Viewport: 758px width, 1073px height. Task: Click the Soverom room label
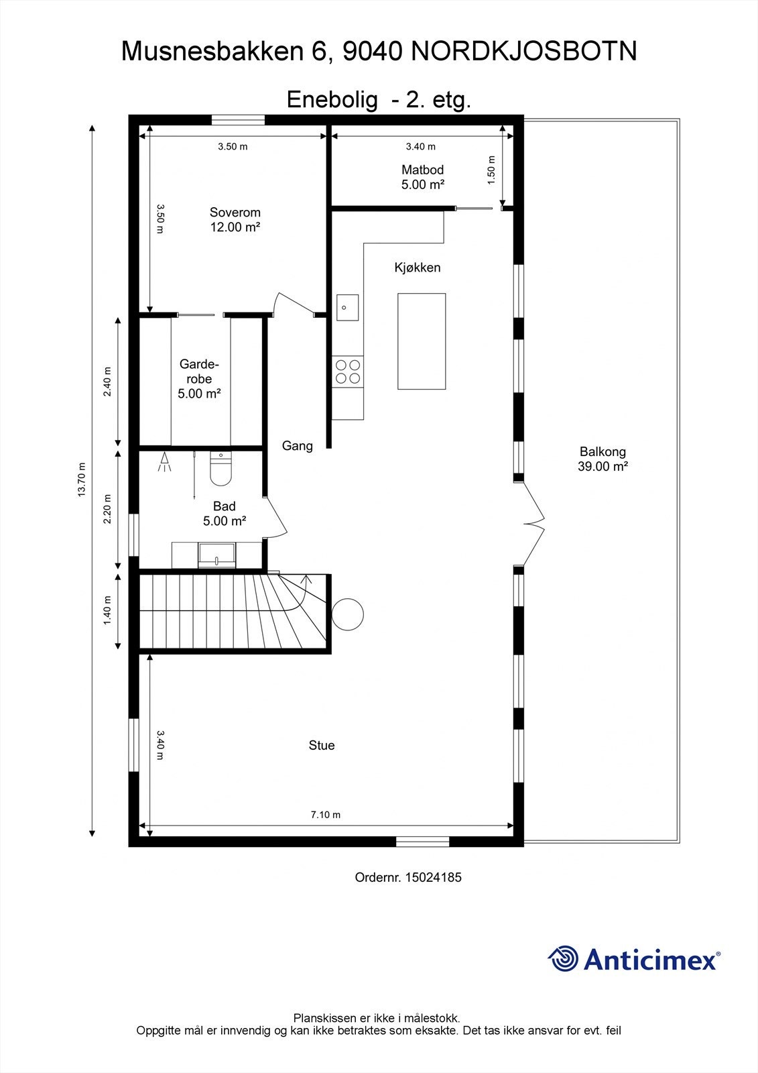pos(235,213)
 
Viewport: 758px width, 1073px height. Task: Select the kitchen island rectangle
pos(421,341)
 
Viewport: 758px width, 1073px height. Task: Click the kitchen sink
pos(346,308)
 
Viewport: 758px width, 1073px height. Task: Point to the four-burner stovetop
pos(347,371)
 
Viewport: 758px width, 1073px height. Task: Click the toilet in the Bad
pos(220,469)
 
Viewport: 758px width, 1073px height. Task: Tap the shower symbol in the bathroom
pos(164,463)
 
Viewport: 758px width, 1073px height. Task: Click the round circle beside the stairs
pos(348,614)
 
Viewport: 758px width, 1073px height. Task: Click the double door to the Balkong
pos(532,524)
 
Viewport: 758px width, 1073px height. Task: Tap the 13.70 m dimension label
pos(82,479)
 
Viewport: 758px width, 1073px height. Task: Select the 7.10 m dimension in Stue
pos(325,815)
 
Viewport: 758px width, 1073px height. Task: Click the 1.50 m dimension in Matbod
pos(491,170)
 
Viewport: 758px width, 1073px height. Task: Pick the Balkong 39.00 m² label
pos(603,459)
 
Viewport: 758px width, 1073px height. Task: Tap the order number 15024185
pos(433,877)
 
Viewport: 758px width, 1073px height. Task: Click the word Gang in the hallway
pos(297,446)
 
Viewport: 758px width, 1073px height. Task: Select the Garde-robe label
pos(199,379)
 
